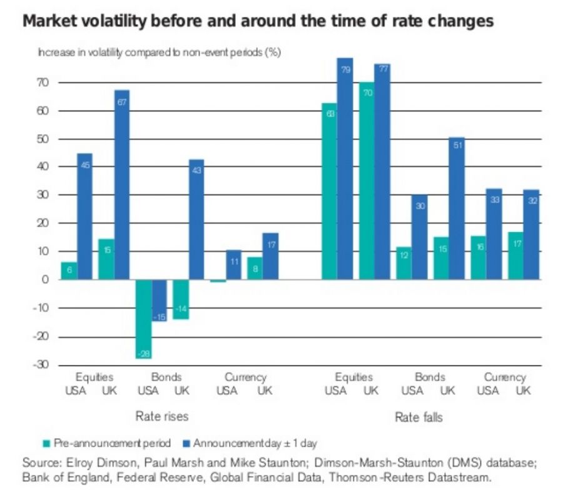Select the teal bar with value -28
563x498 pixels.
[x=144, y=319]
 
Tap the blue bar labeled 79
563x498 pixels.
[x=345, y=169]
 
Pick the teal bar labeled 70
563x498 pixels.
[x=367, y=181]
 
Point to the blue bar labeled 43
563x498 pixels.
[x=196, y=219]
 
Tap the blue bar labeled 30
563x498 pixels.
[x=419, y=237]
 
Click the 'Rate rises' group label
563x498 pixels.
[x=162, y=416]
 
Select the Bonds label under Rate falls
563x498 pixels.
[x=430, y=377]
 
